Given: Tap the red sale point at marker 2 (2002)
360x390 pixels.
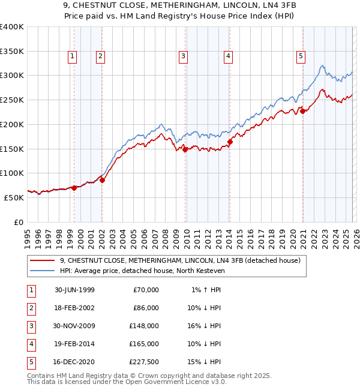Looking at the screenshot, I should click(x=102, y=179).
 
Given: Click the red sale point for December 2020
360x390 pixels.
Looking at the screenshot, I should click(x=303, y=110).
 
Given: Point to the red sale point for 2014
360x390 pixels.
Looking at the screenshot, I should click(x=230, y=142).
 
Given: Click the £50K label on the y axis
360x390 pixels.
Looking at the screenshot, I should click(x=14, y=197).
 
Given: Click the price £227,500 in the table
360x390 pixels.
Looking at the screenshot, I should click(x=144, y=362).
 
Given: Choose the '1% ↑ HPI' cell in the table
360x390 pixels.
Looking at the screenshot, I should click(x=205, y=290).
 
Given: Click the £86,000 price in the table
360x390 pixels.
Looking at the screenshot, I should click(x=146, y=308).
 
